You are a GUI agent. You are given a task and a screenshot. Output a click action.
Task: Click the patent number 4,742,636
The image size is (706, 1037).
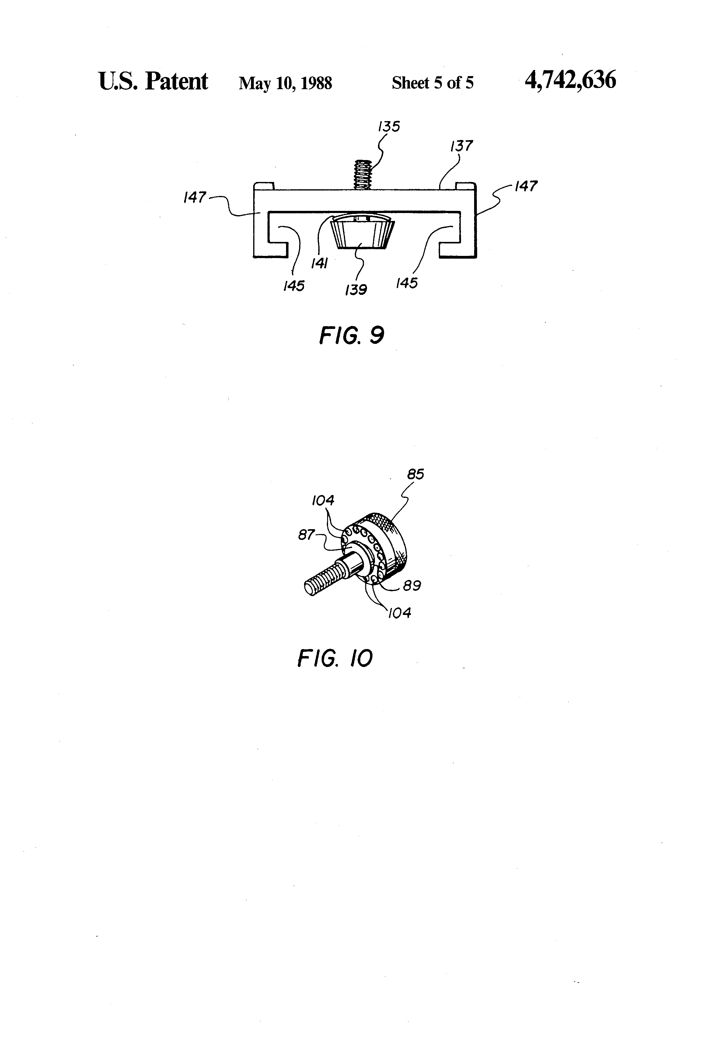click(x=570, y=81)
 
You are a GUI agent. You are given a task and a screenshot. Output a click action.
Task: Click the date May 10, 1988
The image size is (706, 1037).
click(x=285, y=83)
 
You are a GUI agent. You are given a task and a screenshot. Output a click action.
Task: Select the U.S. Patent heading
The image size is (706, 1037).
click(x=153, y=81)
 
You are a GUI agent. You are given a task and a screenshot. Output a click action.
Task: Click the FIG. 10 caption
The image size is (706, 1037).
click(x=335, y=658)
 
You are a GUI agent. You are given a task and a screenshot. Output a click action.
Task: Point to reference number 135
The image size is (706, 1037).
click(x=389, y=126)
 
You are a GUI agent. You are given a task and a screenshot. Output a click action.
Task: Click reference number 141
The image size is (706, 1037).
click(x=320, y=264)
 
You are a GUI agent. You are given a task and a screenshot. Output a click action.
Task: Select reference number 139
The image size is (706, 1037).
click(x=356, y=290)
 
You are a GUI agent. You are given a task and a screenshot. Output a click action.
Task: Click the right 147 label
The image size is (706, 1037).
click(x=526, y=186)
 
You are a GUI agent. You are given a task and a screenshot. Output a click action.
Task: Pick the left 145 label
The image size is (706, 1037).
click(x=294, y=286)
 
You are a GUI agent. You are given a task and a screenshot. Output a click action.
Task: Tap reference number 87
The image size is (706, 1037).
click(x=306, y=535)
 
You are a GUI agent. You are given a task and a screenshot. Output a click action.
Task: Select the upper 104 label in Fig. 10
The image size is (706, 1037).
click(x=323, y=501)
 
